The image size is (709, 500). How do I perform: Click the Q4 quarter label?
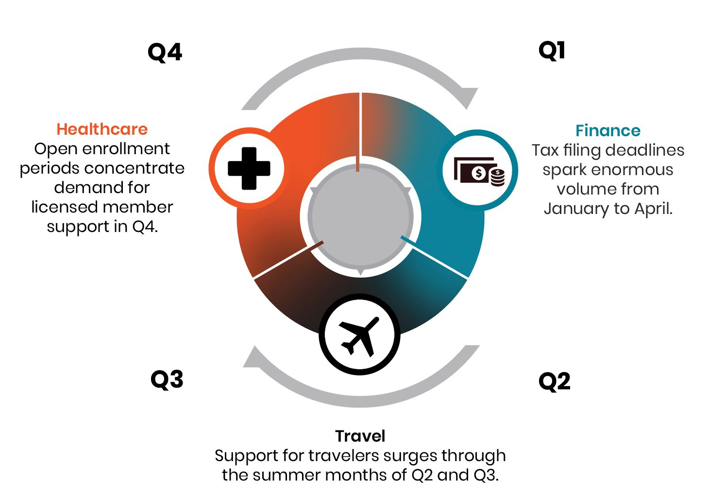pos(165,53)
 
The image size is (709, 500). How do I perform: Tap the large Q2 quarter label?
pos(554,382)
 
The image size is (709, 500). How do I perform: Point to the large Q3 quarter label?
pos(167,380)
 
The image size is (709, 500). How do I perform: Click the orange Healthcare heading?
pos(102,129)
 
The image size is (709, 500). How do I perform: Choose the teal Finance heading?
pos(608,131)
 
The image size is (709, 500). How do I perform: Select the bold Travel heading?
pos(360,436)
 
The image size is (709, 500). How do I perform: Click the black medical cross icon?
pos(249,168)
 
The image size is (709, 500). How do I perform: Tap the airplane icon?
pos(359,337)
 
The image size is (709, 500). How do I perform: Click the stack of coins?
pos(498,178)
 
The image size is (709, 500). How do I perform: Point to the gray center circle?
pos(360,216)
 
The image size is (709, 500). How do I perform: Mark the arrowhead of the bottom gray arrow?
pos(252,357)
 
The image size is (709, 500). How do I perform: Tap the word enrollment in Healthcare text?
pos(126,149)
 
